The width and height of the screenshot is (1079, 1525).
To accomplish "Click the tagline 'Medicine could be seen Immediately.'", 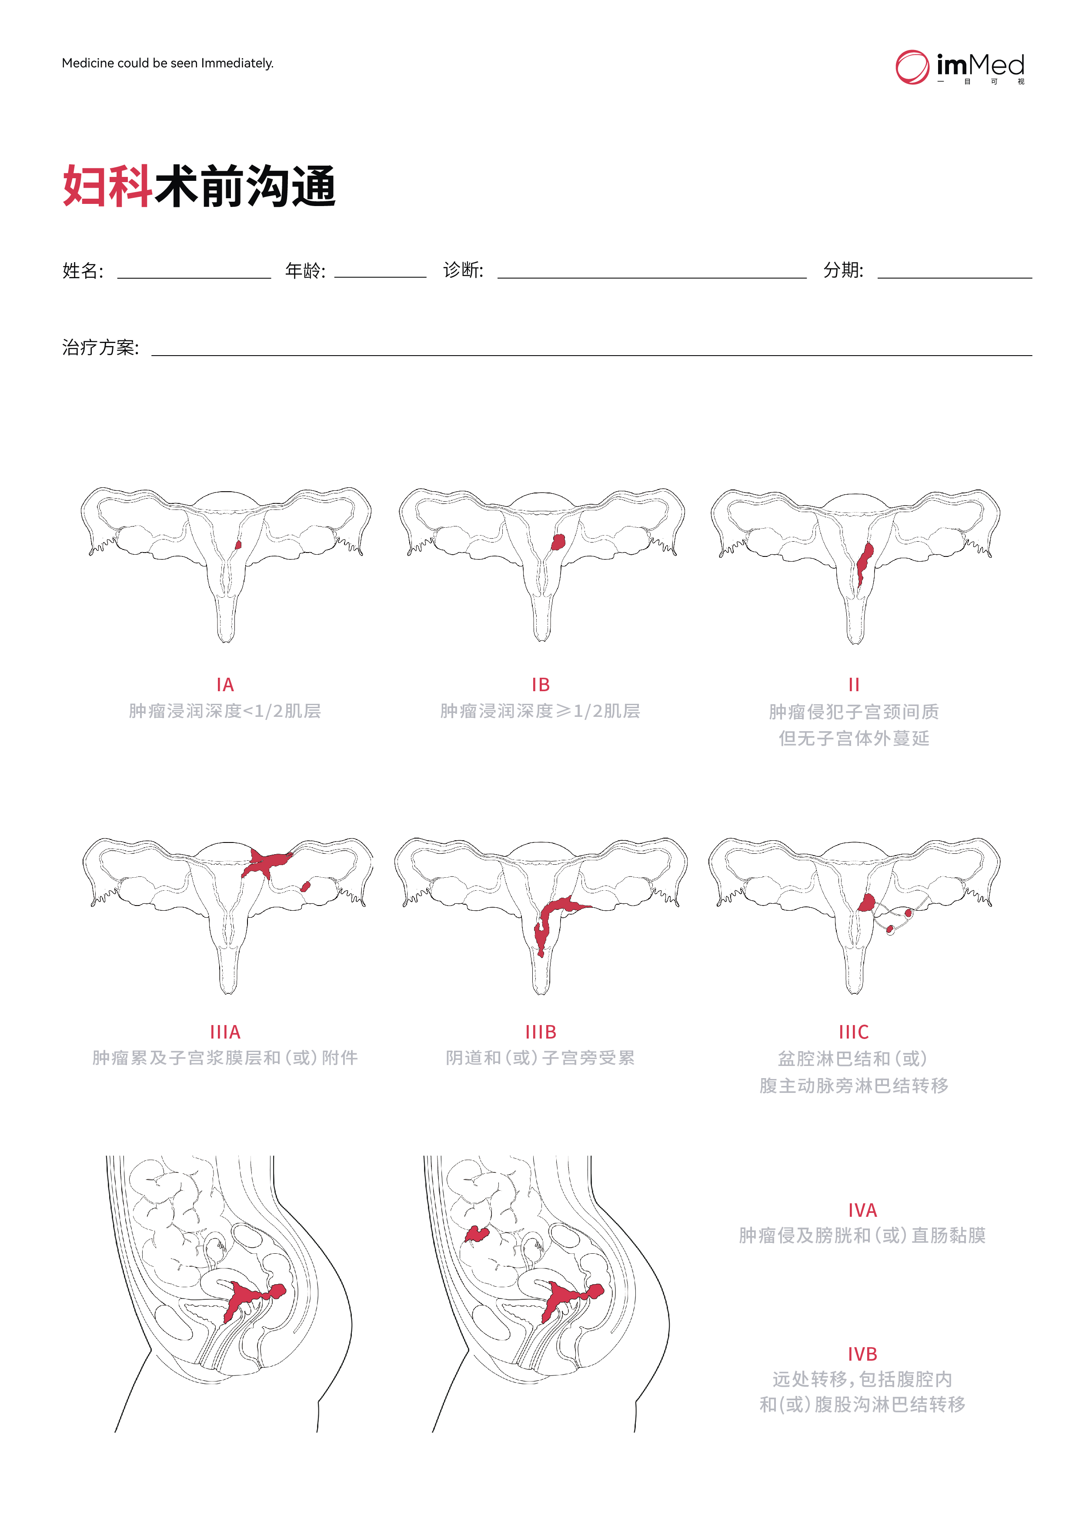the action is click(x=167, y=63).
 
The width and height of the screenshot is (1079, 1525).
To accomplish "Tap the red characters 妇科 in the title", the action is click(x=107, y=186).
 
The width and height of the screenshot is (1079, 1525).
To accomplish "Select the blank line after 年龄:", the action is click(x=380, y=277).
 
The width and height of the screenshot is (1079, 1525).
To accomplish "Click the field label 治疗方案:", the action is click(x=100, y=347).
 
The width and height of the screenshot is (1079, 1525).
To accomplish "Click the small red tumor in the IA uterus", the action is click(x=238, y=545).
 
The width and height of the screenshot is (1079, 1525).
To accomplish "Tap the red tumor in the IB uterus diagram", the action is click(x=558, y=542).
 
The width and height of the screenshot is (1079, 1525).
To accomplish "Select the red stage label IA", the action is click(x=225, y=685).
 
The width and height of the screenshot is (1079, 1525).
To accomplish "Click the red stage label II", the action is click(x=854, y=685).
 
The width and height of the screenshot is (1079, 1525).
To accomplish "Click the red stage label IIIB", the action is click(x=541, y=1032).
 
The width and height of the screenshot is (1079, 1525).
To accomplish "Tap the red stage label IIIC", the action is click(x=854, y=1032).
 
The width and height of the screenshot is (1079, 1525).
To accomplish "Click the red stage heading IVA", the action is click(x=862, y=1210).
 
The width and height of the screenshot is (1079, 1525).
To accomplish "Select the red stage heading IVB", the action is click(x=862, y=1354).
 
